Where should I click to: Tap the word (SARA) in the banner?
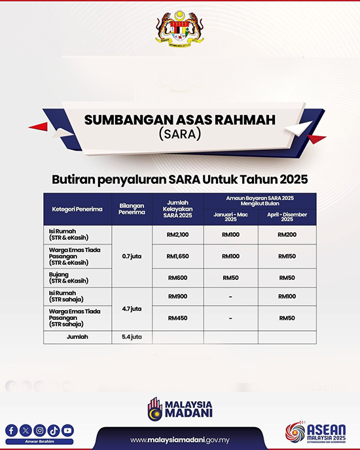(179, 135)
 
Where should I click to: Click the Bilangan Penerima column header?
(132, 209)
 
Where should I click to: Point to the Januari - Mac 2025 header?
(231, 217)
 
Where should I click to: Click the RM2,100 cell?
(177, 234)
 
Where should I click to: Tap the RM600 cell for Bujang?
(177, 277)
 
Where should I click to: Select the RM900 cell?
(177, 297)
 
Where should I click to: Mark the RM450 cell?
(177, 318)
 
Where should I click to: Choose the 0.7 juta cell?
(132, 256)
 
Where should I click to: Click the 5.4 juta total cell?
(132, 337)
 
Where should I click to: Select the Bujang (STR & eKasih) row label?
(69, 277)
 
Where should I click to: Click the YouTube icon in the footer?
(67, 430)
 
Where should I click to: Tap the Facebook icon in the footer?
(11, 430)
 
